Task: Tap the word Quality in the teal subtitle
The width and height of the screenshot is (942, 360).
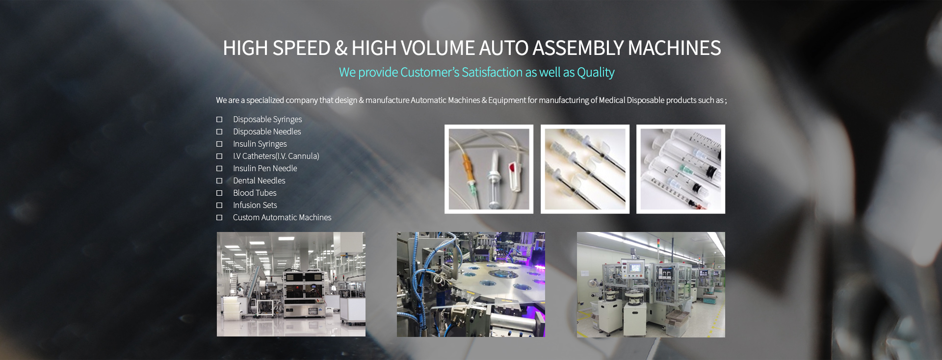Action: (x=596, y=73)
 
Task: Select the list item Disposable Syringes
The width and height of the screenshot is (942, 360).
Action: (x=267, y=119)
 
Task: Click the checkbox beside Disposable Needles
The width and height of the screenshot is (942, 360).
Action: (x=219, y=131)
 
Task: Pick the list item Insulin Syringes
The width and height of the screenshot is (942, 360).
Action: (x=260, y=144)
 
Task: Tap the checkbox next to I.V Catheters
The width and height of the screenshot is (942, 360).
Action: (x=219, y=156)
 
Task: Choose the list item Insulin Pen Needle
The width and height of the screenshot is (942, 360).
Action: (x=265, y=168)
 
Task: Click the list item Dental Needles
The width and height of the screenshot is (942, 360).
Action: (x=259, y=180)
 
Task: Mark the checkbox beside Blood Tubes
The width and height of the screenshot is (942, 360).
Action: (x=219, y=193)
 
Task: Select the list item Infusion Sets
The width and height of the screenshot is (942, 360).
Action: (x=255, y=205)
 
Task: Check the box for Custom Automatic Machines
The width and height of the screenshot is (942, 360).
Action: (x=219, y=217)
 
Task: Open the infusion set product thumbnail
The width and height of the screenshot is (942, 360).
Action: (x=489, y=169)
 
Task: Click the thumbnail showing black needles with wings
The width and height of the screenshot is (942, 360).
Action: (x=585, y=169)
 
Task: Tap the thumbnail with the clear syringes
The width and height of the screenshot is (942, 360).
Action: (x=680, y=169)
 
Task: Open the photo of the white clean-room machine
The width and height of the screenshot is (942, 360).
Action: (x=291, y=284)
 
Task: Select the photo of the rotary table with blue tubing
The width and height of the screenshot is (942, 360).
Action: (x=471, y=284)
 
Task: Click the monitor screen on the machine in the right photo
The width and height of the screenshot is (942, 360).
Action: (x=635, y=268)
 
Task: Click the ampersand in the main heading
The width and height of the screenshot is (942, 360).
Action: (x=341, y=48)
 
